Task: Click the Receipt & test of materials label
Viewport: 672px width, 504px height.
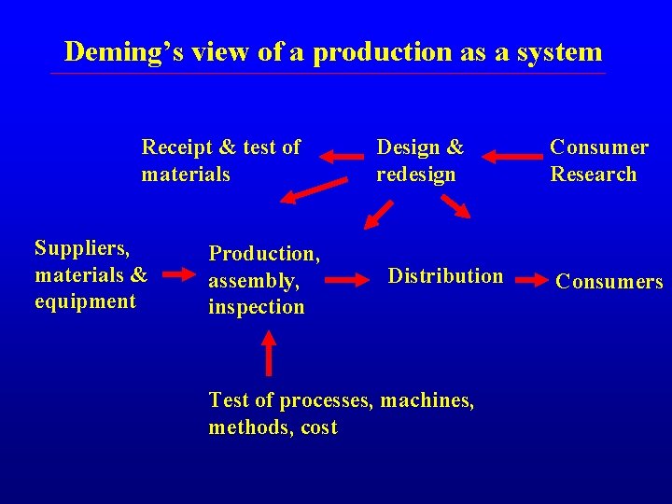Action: coord(220,161)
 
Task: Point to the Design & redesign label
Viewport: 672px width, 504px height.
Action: coord(419,161)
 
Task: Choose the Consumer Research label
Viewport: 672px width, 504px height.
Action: coord(598,161)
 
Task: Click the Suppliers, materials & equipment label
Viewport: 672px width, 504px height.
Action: coord(91,274)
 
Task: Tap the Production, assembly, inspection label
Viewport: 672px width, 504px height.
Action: coord(264,280)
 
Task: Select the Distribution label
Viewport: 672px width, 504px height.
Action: coord(445,275)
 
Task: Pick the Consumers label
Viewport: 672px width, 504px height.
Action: coord(609,282)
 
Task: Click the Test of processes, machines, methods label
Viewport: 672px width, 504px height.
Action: coord(341,413)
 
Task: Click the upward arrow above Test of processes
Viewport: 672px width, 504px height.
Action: coord(269,353)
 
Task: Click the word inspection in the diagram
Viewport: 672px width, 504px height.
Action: coord(256,307)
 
